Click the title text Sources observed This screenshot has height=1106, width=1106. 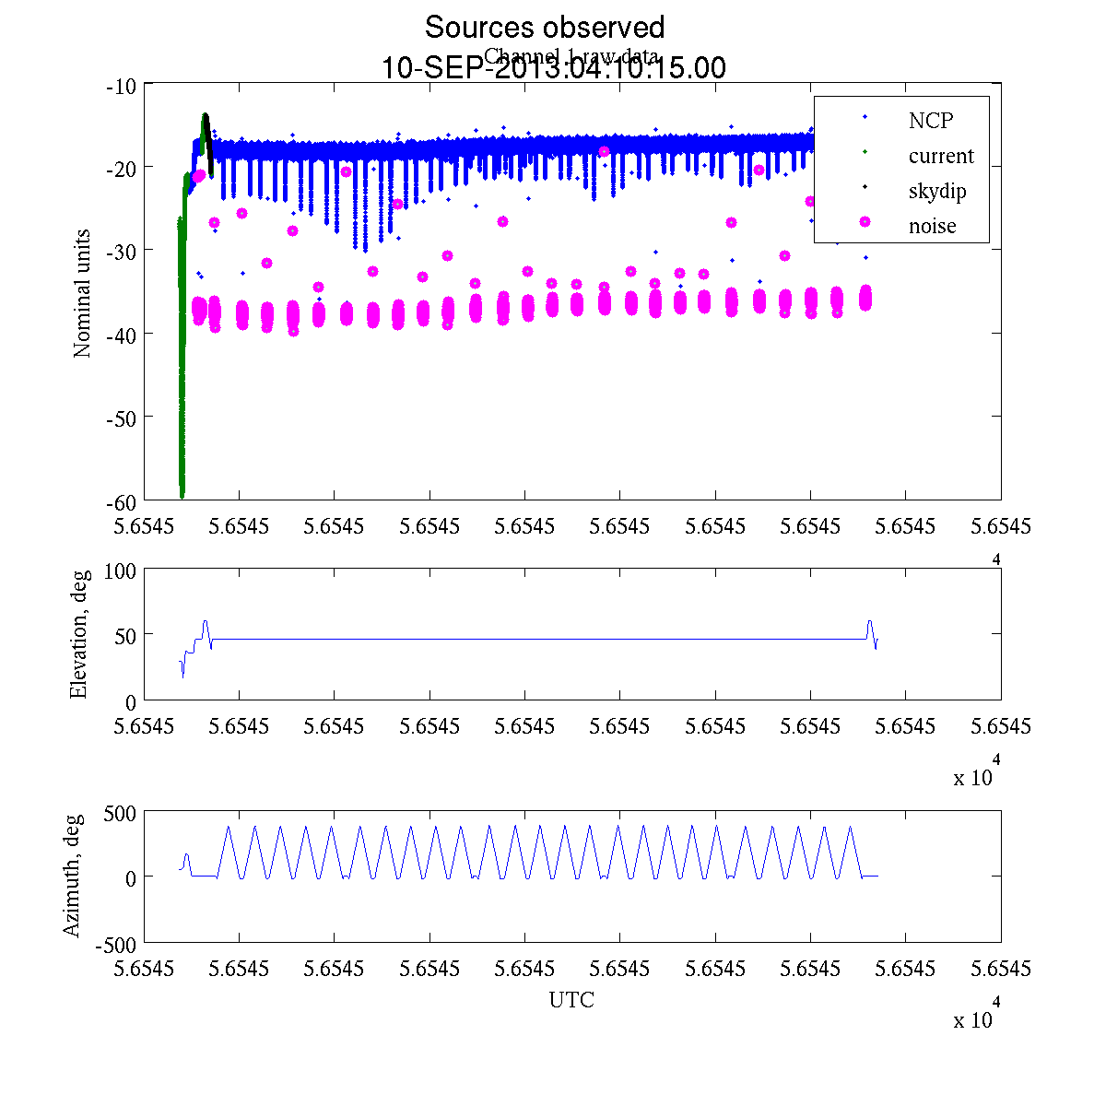[544, 28]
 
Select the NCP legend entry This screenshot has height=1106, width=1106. [930, 120]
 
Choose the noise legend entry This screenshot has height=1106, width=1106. [932, 227]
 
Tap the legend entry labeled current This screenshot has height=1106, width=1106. [940, 156]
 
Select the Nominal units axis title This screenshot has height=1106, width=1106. [83, 293]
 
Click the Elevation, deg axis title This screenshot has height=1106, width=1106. [79, 635]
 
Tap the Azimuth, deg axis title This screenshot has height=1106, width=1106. [72, 876]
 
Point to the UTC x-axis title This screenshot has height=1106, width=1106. [571, 1000]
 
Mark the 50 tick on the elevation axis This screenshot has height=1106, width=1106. [125, 635]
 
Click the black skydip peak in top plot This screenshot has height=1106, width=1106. [206, 116]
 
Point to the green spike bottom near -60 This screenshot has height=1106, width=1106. [182, 493]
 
